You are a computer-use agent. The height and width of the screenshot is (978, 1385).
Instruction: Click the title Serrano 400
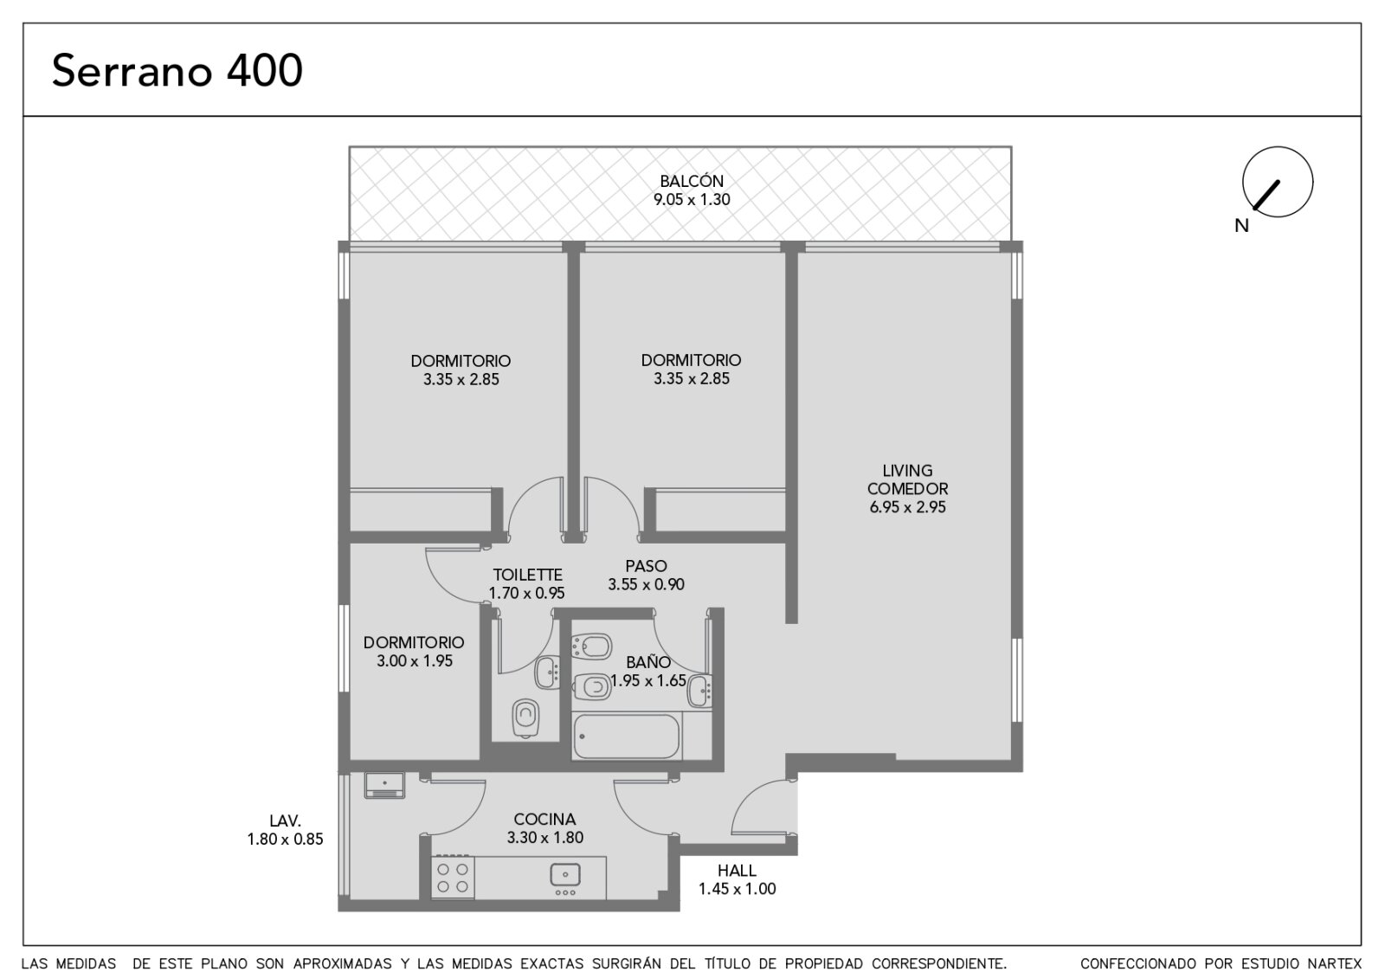(x=177, y=70)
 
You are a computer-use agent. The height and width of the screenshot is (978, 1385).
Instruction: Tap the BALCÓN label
(x=692, y=181)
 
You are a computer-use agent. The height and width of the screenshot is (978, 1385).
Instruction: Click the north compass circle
(x=1278, y=182)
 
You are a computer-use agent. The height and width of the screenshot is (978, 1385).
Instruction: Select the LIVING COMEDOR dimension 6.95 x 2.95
(x=907, y=507)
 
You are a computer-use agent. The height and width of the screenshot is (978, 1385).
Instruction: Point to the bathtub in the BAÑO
(x=627, y=737)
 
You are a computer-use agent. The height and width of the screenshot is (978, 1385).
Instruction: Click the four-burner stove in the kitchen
(x=453, y=878)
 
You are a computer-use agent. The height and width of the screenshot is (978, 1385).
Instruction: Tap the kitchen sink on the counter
(x=565, y=875)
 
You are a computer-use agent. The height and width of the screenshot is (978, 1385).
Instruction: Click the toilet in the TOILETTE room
(x=525, y=718)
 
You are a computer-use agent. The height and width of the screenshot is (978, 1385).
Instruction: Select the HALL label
(x=737, y=871)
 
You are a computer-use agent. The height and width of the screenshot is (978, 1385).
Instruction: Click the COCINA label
(x=544, y=819)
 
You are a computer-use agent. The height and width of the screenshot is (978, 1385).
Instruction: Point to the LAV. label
(x=285, y=821)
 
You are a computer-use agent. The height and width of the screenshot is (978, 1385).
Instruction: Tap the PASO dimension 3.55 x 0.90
(x=646, y=585)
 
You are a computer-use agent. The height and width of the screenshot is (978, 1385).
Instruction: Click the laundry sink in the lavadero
(x=384, y=785)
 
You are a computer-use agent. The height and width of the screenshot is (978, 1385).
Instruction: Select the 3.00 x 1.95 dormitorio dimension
(x=415, y=661)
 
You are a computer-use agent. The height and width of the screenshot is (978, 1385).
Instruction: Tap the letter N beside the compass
(x=1241, y=226)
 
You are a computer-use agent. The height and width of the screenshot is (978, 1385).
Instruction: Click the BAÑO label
(x=648, y=662)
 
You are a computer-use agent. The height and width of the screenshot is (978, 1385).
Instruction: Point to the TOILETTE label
(x=527, y=575)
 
